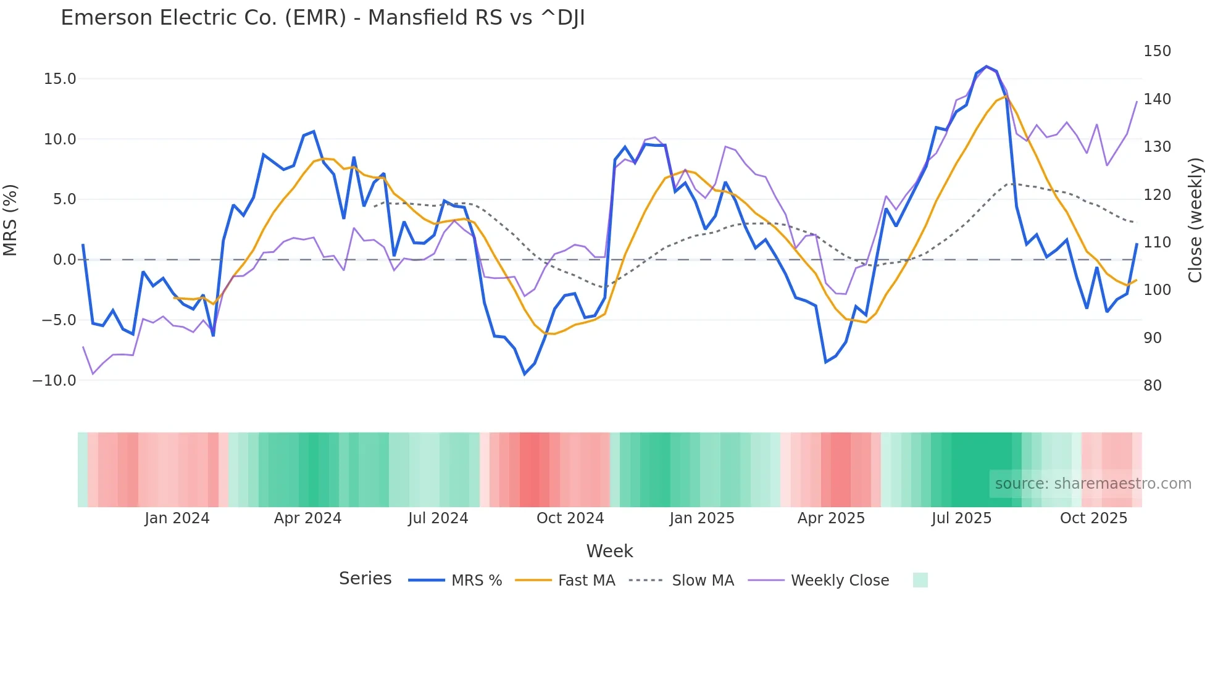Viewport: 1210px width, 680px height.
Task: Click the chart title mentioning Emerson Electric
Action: coord(322,18)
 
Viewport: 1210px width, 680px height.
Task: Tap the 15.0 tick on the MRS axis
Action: coord(60,79)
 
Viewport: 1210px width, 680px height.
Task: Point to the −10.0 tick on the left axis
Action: coord(54,381)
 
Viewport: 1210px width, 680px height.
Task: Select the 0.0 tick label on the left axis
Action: coord(65,260)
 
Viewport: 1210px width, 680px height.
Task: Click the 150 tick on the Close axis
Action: coord(1157,51)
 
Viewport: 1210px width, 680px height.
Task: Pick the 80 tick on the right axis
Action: coord(1153,386)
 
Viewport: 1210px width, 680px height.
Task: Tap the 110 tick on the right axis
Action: coord(1157,243)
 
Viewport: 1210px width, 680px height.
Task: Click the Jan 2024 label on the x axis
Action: coord(177,518)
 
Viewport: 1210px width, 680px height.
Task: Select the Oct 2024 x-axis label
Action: coord(570,518)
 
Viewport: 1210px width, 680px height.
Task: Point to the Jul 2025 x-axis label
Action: coord(961,518)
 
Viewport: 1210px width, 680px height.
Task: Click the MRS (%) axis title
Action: coord(10,220)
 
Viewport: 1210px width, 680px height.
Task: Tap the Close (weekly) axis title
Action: coord(1196,220)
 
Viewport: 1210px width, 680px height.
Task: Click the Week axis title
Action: coord(609,551)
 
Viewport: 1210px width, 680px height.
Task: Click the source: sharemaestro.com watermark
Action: coord(1093,484)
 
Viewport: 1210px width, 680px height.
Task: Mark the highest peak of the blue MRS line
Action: coord(986,66)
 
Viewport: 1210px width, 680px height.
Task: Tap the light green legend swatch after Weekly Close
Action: coord(920,580)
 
